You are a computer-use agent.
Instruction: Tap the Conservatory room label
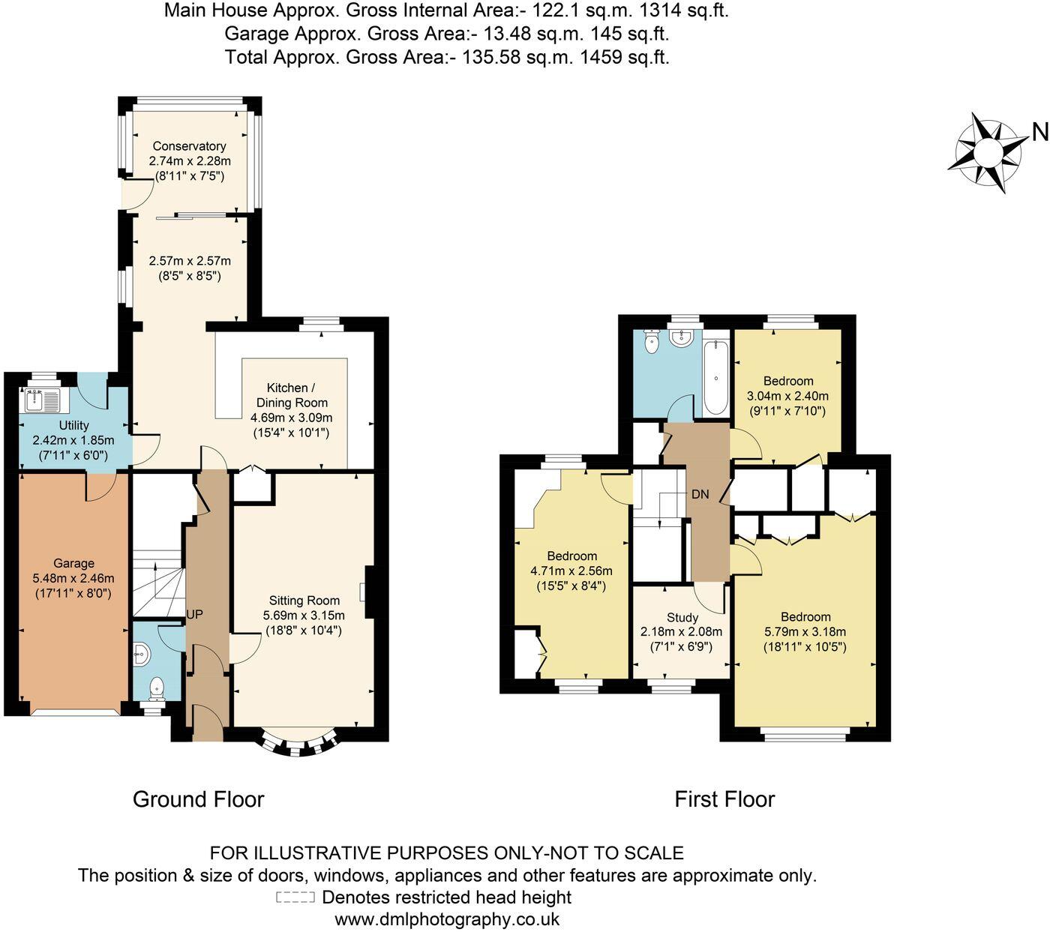(189, 146)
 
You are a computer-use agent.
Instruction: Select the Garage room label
(73, 563)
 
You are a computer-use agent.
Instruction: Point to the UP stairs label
(194, 614)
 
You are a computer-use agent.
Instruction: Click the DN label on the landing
(700, 495)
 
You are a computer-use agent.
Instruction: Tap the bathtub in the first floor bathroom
(716, 377)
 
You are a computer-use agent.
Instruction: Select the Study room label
(682, 617)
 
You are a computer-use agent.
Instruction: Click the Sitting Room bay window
(298, 744)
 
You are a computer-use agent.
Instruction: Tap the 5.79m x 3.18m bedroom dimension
(805, 631)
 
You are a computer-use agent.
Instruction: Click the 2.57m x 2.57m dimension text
(190, 261)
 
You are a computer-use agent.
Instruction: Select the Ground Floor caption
(198, 799)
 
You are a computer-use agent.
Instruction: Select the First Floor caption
(724, 799)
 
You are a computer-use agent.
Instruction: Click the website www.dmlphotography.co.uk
(447, 919)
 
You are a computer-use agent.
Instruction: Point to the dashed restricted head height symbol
(295, 898)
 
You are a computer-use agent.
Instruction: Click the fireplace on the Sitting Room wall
(368, 592)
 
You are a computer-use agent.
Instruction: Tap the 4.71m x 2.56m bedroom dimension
(571, 571)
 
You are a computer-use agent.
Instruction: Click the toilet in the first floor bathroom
(651, 344)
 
